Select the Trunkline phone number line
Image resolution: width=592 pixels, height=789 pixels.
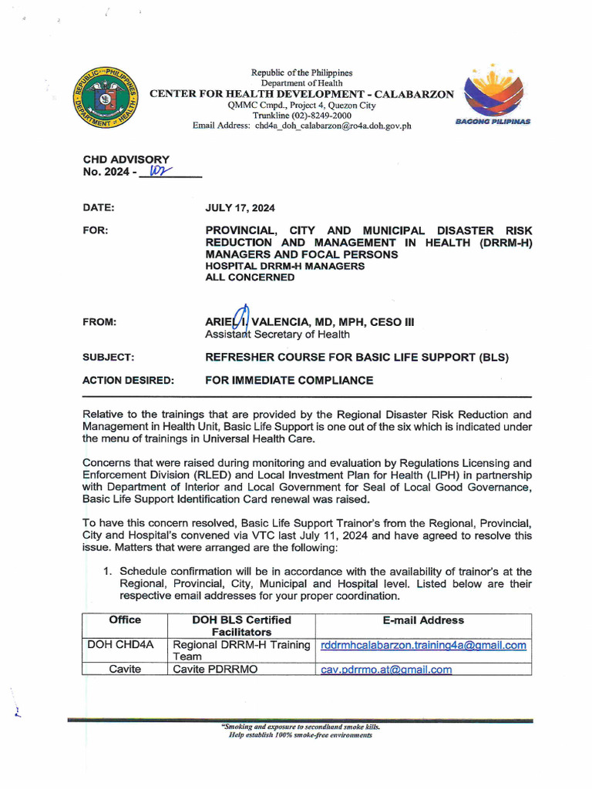tap(301, 116)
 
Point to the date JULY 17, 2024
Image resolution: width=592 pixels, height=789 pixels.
tap(240, 208)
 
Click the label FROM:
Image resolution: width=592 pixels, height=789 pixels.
tap(99, 322)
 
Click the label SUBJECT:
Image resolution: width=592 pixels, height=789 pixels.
tap(109, 358)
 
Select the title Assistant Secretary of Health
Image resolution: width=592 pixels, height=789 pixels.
tap(277, 334)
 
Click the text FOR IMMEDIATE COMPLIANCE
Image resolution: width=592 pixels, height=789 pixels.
tap(289, 380)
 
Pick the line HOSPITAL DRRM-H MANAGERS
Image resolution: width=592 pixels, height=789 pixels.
tap(284, 266)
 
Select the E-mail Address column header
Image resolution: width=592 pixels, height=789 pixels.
tap(423, 619)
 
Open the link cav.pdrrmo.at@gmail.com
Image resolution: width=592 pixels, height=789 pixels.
tap(386, 670)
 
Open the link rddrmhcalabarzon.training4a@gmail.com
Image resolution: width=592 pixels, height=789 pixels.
tap(423, 645)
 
